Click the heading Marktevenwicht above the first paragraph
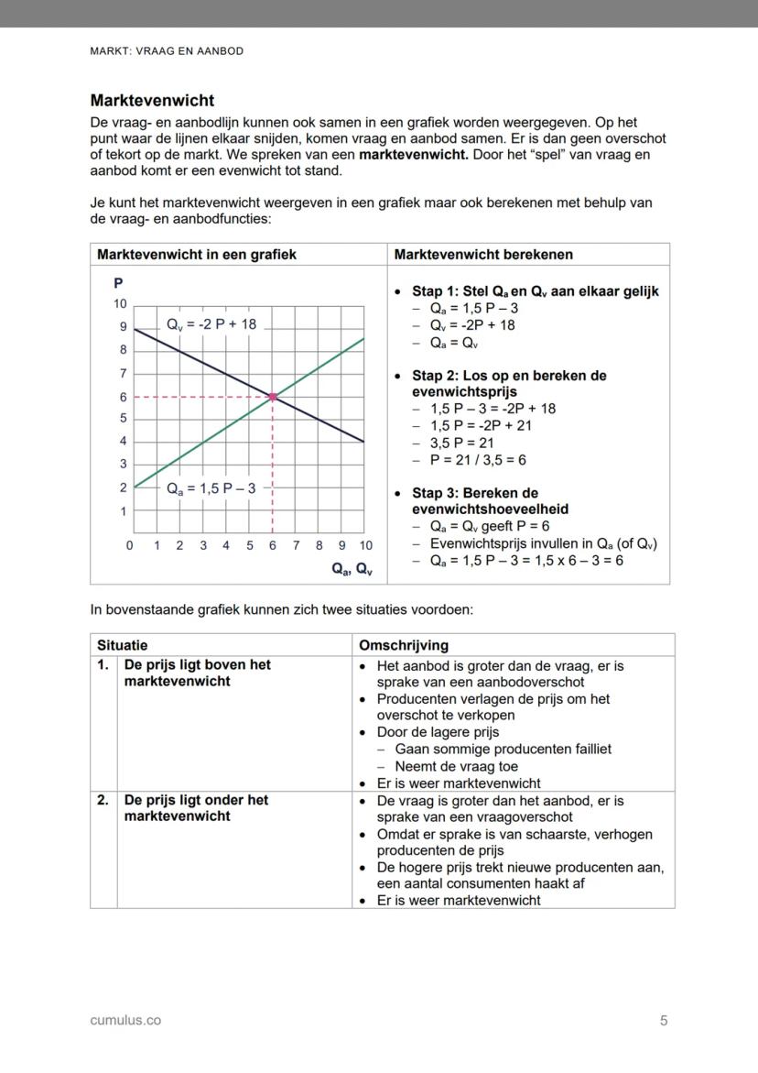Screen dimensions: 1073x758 click(x=152, y=101)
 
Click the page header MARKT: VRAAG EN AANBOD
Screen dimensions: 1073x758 click(x=167, y=51)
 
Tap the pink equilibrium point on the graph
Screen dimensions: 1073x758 click(x=273, y=396)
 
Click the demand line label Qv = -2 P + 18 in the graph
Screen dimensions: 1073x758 click(x=211, y=324)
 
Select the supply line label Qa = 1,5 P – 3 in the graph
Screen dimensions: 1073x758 click(x=211, y=488)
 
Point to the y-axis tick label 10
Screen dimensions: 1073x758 click(x=120, y=304)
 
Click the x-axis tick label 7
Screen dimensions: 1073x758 click(x=296, y=546)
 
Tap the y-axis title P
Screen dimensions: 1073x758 click(x=118, y=282)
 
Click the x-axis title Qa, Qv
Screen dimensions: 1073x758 click(x=352, y=569)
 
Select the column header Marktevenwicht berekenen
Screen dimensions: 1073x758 click(x=483, y=255)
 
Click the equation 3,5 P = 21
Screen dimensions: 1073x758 click(x=462, y=443)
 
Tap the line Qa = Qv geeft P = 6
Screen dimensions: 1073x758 click(x=489, y=526)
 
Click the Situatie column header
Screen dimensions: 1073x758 click(x=123, y=645)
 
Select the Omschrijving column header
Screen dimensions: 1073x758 click(x=404, y=645)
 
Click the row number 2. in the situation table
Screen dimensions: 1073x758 click(x=103, y=800)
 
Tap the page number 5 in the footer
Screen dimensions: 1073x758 click(x=664, y=1020)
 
